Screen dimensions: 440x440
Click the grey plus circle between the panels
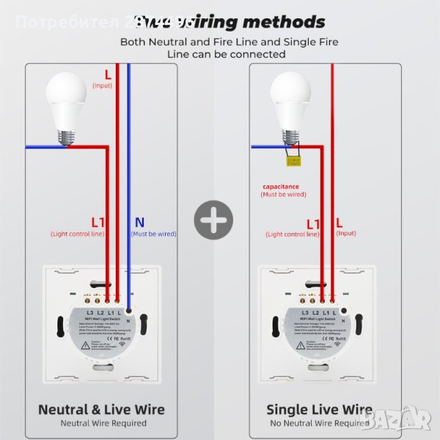213,219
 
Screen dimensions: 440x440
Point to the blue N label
140,221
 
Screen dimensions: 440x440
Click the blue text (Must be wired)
153,234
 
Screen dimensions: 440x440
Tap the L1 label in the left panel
98,221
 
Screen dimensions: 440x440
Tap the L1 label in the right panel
313,223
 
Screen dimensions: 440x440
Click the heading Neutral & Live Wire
101,409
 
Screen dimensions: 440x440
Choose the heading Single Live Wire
319,409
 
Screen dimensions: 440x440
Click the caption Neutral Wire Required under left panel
102,423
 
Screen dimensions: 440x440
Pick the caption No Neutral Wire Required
319,423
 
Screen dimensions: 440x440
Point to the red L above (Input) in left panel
108,74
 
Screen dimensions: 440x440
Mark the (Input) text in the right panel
345,233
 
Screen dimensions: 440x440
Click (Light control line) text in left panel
77,234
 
